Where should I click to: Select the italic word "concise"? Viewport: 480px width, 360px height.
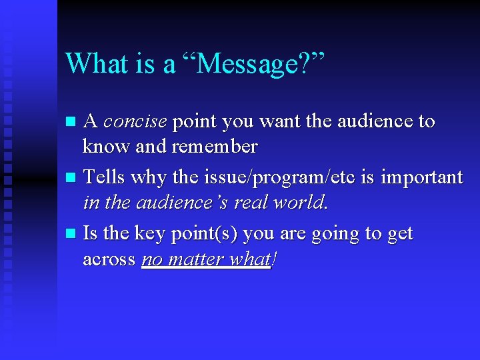(135, 122)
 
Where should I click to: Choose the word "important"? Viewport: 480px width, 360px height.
(422, 178)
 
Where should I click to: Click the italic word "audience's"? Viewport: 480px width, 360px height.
(180, 201)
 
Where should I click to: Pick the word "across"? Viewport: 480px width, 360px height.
(109, 259)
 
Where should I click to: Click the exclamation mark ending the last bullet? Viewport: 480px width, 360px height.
(274, 259)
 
